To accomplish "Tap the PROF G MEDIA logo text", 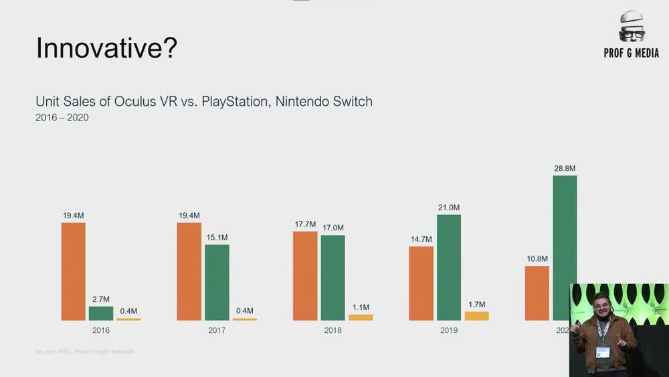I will click(x=631, y=53).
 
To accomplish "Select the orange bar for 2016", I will click(x=73, y=271).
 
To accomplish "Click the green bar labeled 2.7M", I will click(x=101, y=313).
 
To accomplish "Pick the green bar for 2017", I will click(x=217, y=282).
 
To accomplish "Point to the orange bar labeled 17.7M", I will click(x=305, y=275).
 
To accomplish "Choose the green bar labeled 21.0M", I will click(x=449, y=267).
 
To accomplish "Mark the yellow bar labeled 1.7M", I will click(x=476, y=315).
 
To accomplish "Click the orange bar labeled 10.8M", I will click(x=537, y=293).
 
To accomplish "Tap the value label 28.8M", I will click(x=565, y=169).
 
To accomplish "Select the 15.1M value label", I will click(x=217, y=238).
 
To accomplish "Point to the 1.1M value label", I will click(x=360, y=307).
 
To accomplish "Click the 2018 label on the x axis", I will click(x=332, y=330).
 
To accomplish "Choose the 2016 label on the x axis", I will click(x=101, y=330).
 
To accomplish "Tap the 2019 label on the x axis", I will click(x=449, y=330).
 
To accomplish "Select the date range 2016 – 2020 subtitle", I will click(x=62, y=118).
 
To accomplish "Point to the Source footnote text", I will click(x=84, y=352).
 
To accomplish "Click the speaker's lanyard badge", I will click(x=603, y=352).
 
